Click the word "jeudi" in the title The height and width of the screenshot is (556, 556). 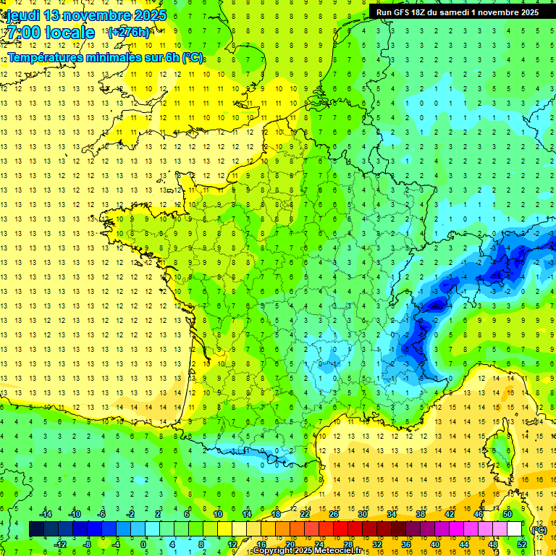(x=22, y=14)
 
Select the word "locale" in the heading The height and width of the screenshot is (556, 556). (x=70, y=33)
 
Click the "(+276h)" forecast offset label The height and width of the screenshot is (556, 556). (x=128, y=32)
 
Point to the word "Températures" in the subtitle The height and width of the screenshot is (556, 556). (x=46, y=57)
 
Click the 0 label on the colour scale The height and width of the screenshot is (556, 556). (x=143, y=544)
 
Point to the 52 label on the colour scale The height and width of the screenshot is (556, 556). (x=521, y=544)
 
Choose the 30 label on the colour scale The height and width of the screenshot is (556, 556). (x=362, y=514)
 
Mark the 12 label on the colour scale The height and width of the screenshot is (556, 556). (x=232, y=544)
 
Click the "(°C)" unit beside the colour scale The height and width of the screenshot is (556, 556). (x=539, y=529)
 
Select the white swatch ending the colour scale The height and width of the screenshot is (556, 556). (x=514, y=529)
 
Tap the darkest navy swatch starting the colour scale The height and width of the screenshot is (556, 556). (x=36, y=529)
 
